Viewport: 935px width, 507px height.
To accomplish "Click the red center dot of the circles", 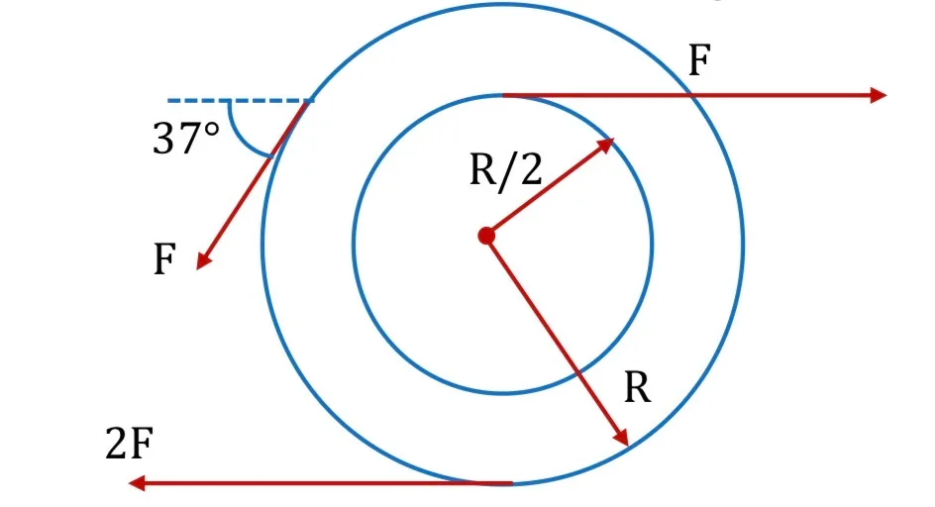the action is coord(486,236).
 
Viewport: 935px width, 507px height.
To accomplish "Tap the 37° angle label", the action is coord(186,139).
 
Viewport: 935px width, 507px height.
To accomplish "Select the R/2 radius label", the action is coord(506,170).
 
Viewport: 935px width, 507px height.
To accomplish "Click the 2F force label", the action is coord(130,444).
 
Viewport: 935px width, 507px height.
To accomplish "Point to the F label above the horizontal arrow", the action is coord(699,60).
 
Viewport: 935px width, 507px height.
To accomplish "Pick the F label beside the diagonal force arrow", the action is coord(164,259).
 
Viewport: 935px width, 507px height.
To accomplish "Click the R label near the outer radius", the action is coord(638,388).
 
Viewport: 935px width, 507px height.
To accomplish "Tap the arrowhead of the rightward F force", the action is coord(879,95).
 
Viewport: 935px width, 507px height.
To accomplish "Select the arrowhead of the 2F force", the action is coord(137,482).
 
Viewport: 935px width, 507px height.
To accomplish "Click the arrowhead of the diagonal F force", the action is coord(203,261).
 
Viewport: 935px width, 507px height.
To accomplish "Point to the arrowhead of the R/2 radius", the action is coord(606,145).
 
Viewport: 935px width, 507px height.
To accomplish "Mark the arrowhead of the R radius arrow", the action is coord(622,438).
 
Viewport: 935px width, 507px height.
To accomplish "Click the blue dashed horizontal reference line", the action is coord(240,101).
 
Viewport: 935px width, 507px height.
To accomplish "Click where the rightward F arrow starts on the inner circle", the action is coord(503,95).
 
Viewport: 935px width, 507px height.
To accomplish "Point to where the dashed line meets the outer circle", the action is coord(309,101).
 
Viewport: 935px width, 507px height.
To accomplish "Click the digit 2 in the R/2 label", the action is coord(530,169).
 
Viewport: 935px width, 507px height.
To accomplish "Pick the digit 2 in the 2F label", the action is coord(116,444).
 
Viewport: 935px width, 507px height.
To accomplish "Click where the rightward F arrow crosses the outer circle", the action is coord(690,95).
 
